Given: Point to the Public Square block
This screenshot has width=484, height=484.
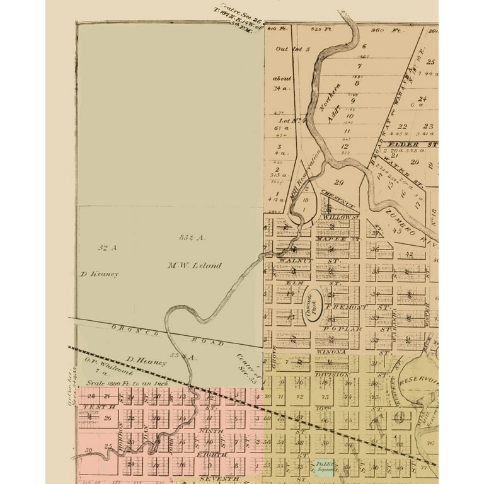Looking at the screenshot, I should pos(326,467).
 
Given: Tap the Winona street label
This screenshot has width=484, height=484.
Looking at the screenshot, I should pos(334,352).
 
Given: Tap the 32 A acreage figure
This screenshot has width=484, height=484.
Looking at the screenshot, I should pos(108,248).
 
